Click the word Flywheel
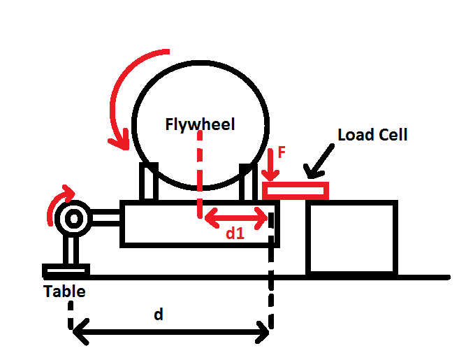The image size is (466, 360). tap(200, 125)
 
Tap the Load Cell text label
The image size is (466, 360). tap(372, 135)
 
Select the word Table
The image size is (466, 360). tap(64, 291)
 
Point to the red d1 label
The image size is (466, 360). tap(235, 234)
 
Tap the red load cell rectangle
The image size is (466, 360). tap(295, 189)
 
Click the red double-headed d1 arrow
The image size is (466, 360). tap(235, 219)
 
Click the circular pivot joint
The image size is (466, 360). tap(73, 219)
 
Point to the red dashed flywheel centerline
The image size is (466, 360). tap(200, 175)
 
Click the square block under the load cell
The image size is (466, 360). tap(351, 237)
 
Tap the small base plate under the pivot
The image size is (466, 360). tap(66, 270)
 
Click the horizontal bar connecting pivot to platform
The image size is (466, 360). tap(105, 219)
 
